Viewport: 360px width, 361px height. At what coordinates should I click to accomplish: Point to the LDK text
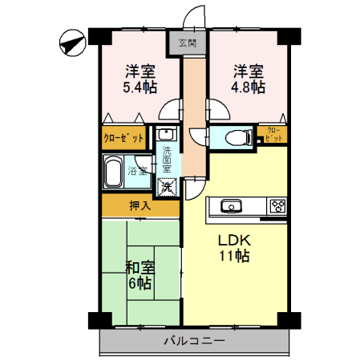234,240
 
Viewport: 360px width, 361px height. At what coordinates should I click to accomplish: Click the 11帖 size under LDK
234,257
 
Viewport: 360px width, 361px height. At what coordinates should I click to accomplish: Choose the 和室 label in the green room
140,269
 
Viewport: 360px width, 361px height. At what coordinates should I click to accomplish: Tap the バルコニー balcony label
195,341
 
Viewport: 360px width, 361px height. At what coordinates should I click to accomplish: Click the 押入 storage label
140,205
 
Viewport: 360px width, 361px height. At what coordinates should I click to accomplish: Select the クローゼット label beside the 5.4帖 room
124,138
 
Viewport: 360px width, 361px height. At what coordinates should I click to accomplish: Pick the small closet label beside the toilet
273,135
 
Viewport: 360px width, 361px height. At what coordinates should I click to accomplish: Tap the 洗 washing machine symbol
168,187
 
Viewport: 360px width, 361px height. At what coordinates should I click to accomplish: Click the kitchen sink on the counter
231,205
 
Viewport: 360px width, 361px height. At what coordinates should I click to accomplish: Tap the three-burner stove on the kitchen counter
277,205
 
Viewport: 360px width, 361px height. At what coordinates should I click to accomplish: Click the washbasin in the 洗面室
166,134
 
